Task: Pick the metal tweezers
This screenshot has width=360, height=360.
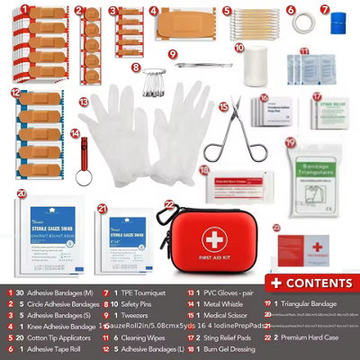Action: [x=199, y=65]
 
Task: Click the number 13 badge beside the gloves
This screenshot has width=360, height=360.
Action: [x=83, y=103]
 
